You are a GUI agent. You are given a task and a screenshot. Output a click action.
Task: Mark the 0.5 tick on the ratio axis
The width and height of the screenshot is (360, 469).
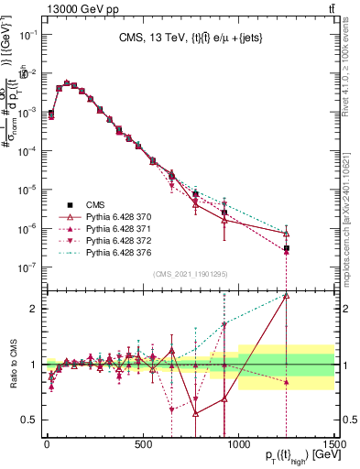tap(30, 420)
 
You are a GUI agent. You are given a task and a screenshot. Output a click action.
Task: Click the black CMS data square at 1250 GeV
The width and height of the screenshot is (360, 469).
tap(286, 248)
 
